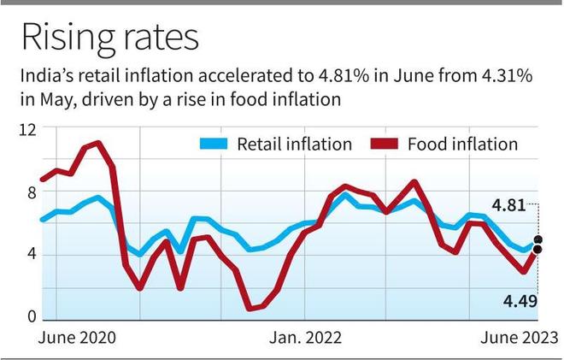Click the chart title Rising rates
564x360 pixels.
click(x=109, y=38)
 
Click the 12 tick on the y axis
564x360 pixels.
click(x=28, y=130)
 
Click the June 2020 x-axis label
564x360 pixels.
click(x=77, y=336)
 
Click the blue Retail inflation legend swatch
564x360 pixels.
click(x=214, y=144)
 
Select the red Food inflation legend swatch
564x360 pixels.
click(x=389, y=144)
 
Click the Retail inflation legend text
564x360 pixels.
click(x=294, y=144)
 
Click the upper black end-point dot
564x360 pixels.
click(x=538, y=240)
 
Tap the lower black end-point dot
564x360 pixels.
click(x=538, y=250)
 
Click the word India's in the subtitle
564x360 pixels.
click(x=43, y=77)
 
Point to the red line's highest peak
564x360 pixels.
click(x=98, y=143)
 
